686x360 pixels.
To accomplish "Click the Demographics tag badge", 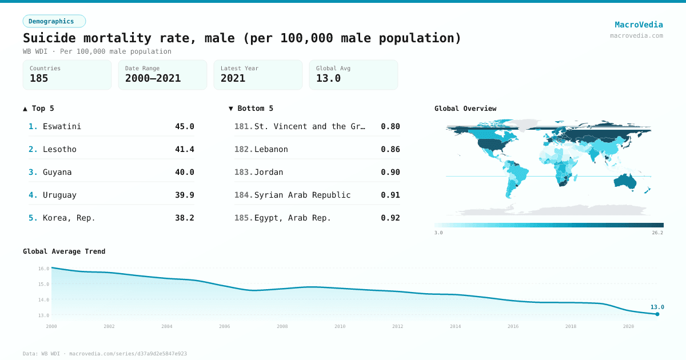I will point(54,21).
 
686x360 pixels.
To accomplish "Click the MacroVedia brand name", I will point(639,25).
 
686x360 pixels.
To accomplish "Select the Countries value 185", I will point(39,78).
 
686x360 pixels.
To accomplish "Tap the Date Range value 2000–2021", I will point(153,78).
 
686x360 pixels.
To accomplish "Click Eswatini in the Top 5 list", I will point(62,126).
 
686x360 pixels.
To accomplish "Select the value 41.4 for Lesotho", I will point(184,149).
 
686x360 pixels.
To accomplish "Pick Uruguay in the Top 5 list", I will point(59,195).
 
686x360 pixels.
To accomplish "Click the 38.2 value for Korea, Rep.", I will point(184,218).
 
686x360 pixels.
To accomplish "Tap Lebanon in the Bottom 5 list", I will point(271,149).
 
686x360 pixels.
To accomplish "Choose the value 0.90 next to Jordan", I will point(390,172).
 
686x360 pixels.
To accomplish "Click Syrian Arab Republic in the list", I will point(302,195).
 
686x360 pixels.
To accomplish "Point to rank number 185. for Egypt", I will point(244,218).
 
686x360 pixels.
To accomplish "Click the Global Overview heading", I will point(465,109).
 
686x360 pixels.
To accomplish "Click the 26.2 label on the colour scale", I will point(657,233).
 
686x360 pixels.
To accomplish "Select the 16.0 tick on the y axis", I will point(43,269).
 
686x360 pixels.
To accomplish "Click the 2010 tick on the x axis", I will point(340,326).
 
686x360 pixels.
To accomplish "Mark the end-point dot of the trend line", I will point(657,314).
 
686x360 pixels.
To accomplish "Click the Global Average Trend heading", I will point(64,251).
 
